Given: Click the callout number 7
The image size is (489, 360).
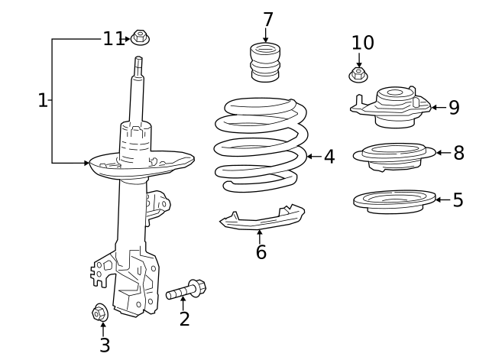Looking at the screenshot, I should click(267, 19).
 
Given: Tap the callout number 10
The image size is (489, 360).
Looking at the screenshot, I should click(363, 43).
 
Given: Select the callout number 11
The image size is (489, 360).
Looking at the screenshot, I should click(113, 38).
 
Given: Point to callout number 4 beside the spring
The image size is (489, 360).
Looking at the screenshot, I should click(329, 157).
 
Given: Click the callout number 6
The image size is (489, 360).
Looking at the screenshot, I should click(261, 252).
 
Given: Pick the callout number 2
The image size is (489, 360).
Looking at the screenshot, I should click(184, 319).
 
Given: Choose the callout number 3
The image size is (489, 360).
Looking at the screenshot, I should click(105, 345).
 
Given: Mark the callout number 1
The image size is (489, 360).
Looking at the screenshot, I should click(43, 100).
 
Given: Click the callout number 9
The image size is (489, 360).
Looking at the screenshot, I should click(454, 108).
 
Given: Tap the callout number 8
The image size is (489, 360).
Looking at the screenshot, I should click(458, 153).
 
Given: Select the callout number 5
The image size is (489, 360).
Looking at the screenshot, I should click(458, 200).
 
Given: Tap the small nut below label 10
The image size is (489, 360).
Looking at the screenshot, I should click(358, 75).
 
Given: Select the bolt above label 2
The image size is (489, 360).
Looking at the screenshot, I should click(186, 290).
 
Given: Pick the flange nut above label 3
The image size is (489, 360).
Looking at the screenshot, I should click(100, 313).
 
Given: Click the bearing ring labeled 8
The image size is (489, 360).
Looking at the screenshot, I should click(393, 155).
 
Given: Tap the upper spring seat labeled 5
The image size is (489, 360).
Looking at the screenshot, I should click(393, 201).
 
